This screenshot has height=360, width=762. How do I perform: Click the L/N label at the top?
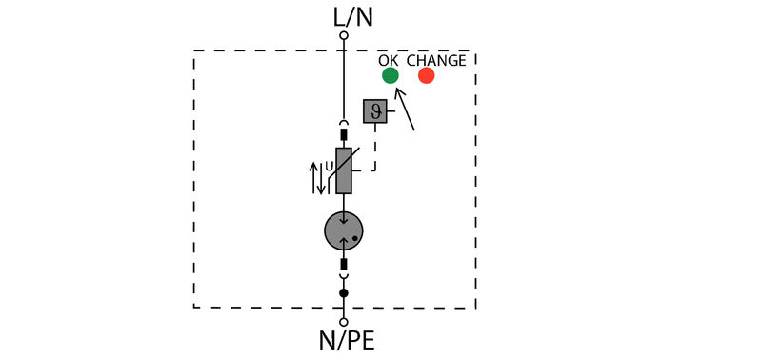344,15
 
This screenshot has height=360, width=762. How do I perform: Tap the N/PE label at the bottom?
344,341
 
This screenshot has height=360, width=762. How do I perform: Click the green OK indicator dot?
390,75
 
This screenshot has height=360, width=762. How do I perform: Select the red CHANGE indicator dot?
426,75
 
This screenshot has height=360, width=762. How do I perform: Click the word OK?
390,60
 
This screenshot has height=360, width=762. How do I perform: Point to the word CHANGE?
436,60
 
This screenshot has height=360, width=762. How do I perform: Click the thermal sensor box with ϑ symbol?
374,111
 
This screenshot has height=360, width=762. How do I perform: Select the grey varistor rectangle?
344,170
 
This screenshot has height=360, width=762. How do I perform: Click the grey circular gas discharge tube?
344,230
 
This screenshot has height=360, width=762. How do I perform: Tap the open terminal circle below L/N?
344,36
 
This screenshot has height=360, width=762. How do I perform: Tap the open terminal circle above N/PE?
344,321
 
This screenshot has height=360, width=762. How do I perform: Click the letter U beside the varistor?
330,167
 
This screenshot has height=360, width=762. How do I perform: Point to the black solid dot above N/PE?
344,293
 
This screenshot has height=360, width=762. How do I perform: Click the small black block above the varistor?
344,134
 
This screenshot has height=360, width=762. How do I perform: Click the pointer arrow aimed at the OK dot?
405,108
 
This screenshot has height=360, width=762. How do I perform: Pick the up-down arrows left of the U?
318,177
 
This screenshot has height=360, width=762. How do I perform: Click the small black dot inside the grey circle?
354,238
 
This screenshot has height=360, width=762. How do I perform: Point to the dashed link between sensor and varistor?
373,152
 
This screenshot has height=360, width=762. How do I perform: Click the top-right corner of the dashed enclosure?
475,51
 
